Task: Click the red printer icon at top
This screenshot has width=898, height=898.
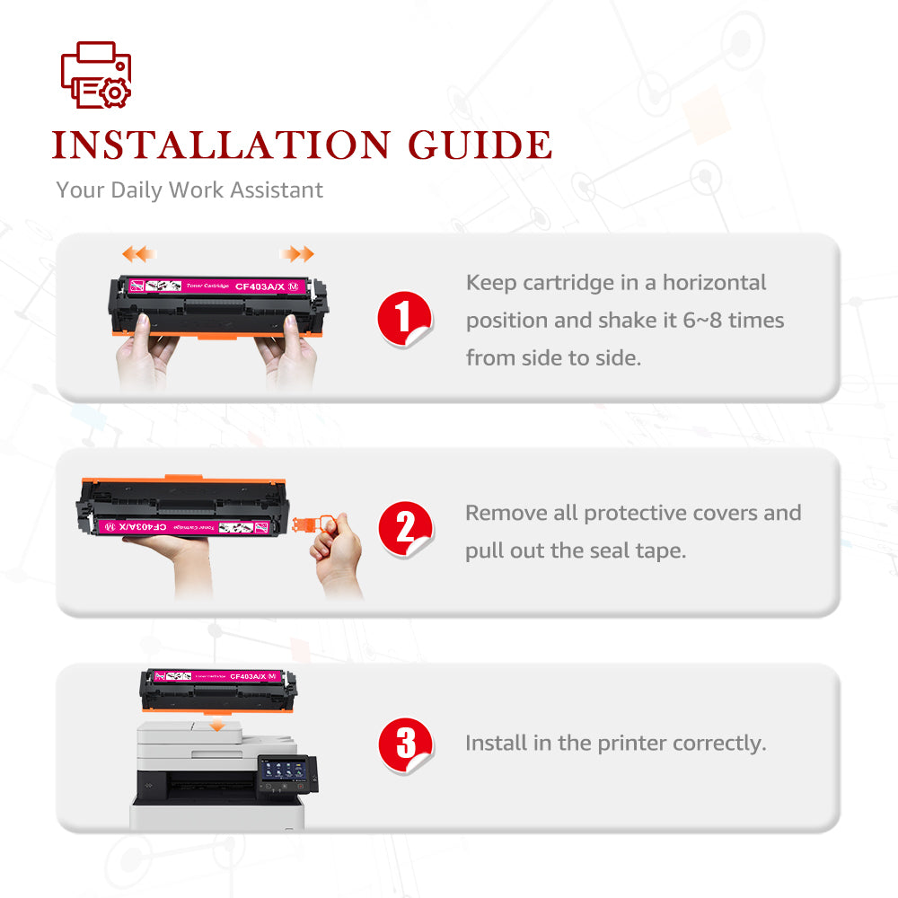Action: point(96,75)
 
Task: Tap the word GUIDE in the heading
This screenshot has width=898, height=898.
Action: point(480,145)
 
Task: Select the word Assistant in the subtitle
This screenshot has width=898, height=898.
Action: point(277,190)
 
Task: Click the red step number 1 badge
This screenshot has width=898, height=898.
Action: point(404,319)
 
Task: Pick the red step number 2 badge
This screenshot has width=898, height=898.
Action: point(405,528)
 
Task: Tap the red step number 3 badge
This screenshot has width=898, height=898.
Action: point(406,744)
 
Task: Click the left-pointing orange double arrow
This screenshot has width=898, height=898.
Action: point(138,254)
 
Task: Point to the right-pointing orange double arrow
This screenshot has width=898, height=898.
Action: point(297,254)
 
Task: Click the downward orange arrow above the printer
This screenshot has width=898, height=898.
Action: point(216,725)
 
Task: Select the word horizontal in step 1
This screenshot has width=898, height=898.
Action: point(714,283)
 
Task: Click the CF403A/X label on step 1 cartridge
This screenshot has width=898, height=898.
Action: point(260,286)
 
